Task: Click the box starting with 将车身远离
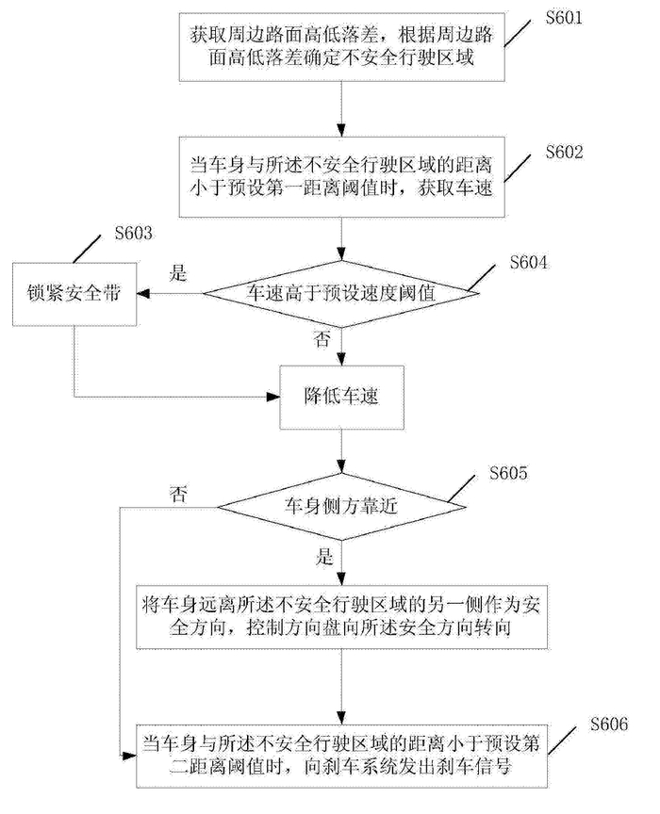[342, 617]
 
